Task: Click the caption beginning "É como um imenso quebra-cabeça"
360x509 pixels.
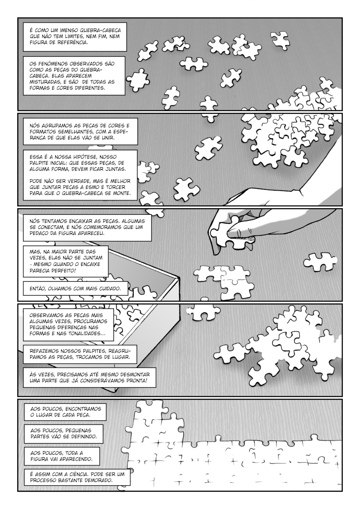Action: tap(75, 36)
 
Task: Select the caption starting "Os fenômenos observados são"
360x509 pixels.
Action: tap(74, 76)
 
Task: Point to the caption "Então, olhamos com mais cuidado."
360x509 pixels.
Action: tap(75, 288)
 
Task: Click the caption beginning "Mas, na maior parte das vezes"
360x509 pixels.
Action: tap(65, 261)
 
